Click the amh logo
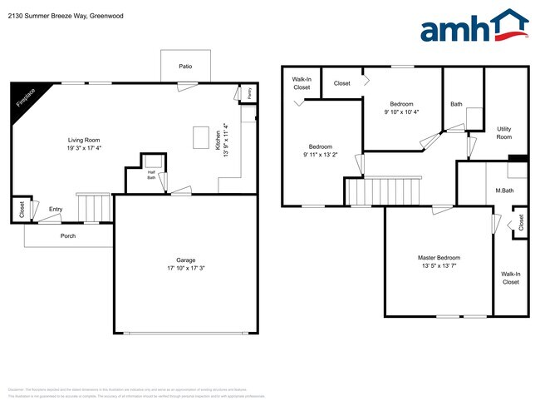tap(474, 27)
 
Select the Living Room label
tap(84, 140)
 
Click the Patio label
tap(186, 66)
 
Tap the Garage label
tap(185, 260)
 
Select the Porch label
tap(68, 235)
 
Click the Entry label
tap(56, 209)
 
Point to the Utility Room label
tap(504, 132)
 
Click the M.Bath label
tap(504, 191)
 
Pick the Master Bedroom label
tap(439, 258)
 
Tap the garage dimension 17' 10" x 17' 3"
tap(185, 268)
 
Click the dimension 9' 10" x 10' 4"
tap(401, 111)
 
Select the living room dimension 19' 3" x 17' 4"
tap(84, 148)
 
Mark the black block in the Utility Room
tap(518, 158)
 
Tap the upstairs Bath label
tap(456, 104)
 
